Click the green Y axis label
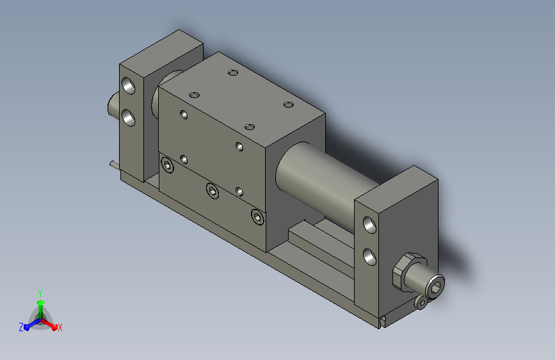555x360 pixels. pyautogui.click(x=40, y=293)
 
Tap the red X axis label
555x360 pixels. pyautogui.click(x=60, y=327)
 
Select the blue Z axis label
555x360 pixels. pyautogui.click(x=21, y=327)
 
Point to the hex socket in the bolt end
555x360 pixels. pyautogui.click(x=436, y=286)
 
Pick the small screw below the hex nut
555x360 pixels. pyautogui.click(x=421, y=302)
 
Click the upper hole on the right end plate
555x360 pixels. pyautogui.click(x=369, y=225)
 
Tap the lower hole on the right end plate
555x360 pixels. pyautogui.click(x=369, y=257)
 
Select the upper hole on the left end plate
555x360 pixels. pyautogui.click(x=129, y=86)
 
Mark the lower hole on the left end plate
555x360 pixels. pyautogui.click(x=129, y=118)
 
